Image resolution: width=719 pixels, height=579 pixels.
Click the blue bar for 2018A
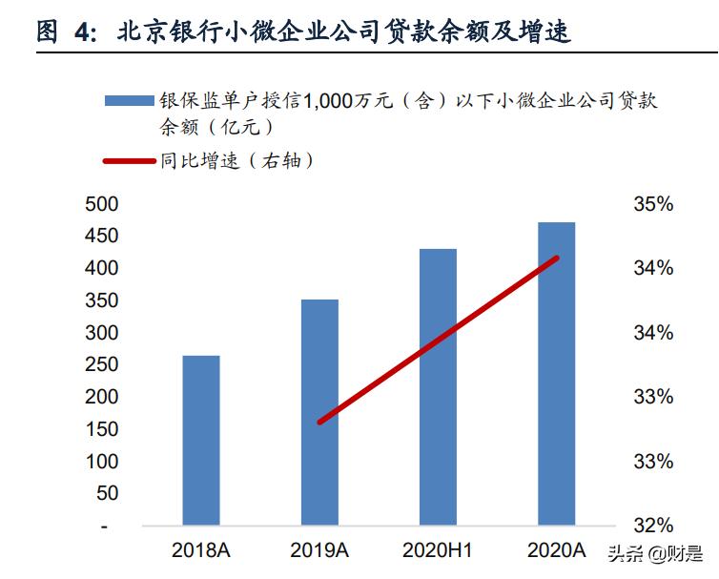click(201, 440)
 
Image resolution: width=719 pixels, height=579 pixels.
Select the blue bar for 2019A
click(319, 412)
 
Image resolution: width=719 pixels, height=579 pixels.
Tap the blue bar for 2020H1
click(438, 386)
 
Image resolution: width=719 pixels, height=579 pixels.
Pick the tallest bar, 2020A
click(556, 373)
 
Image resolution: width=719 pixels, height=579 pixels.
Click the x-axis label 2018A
click(201, 550)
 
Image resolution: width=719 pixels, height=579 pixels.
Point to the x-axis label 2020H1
click(438, 550)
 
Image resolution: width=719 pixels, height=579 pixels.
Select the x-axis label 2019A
click(319, 550)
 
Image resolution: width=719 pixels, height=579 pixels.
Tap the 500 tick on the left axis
click(102, 204)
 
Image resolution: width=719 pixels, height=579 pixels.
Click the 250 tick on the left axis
click(102, 365)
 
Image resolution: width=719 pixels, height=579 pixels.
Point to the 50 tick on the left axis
click(107, 494)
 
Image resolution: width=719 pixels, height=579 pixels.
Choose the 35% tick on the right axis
click(653, 204)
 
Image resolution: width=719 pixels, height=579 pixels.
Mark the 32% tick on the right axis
click(653, 526)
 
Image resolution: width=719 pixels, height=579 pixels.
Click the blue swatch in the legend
click(128, 101)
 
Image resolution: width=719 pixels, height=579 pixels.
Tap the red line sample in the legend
click(128, 161)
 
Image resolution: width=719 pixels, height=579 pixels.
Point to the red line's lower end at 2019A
click(320, 421)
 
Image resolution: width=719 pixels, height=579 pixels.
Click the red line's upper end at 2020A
click(556, 258)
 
